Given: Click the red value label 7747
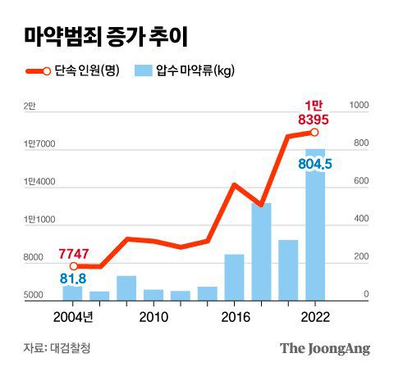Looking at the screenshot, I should (x=74, y=254).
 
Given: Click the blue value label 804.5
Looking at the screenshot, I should (x=315, y=164).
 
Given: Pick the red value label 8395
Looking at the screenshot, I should (x=315, y=120).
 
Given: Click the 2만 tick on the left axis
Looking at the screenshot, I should (x=30, y=106).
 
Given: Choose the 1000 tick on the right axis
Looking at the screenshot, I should (x=359, y=106).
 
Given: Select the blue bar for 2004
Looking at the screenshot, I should (x=73, y=292).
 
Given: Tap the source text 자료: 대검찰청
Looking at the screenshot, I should (x=57, y=348).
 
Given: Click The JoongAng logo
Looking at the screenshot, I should (x=325, y=348).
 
